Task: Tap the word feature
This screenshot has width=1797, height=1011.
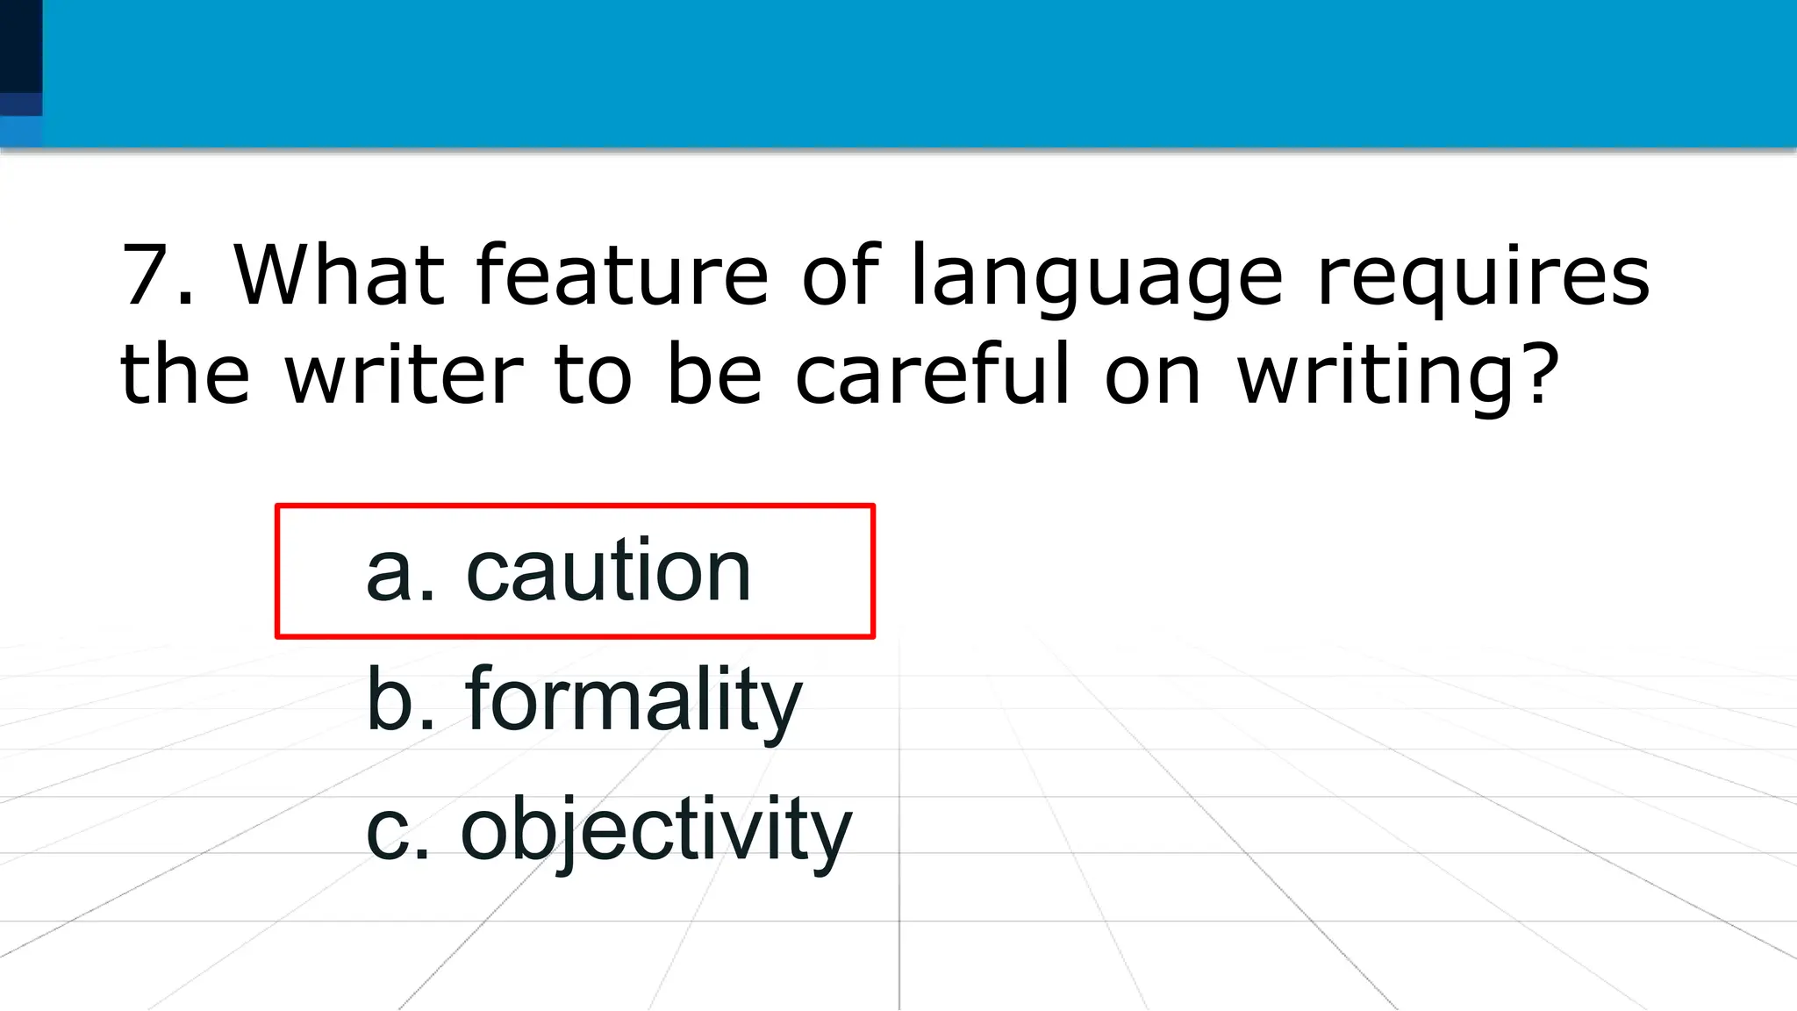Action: [x=621, y=276]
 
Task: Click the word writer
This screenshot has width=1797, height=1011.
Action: [x=404, y=375]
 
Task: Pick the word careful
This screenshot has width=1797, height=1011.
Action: [x=933, y=375]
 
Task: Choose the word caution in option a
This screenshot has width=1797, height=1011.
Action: [x=608, y=571]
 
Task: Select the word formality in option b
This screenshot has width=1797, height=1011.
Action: [x=634, y=700]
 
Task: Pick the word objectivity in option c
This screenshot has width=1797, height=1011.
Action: [x=656, y=830]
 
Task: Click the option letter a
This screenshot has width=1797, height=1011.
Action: [x=389, y=575]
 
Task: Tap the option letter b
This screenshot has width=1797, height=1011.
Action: [x=389, y=700]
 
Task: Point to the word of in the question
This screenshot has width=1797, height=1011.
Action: [x=840, y=276]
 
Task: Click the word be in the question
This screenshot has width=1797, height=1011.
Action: [x=713, y=375]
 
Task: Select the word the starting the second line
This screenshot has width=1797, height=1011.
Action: [x=184, y=375]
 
